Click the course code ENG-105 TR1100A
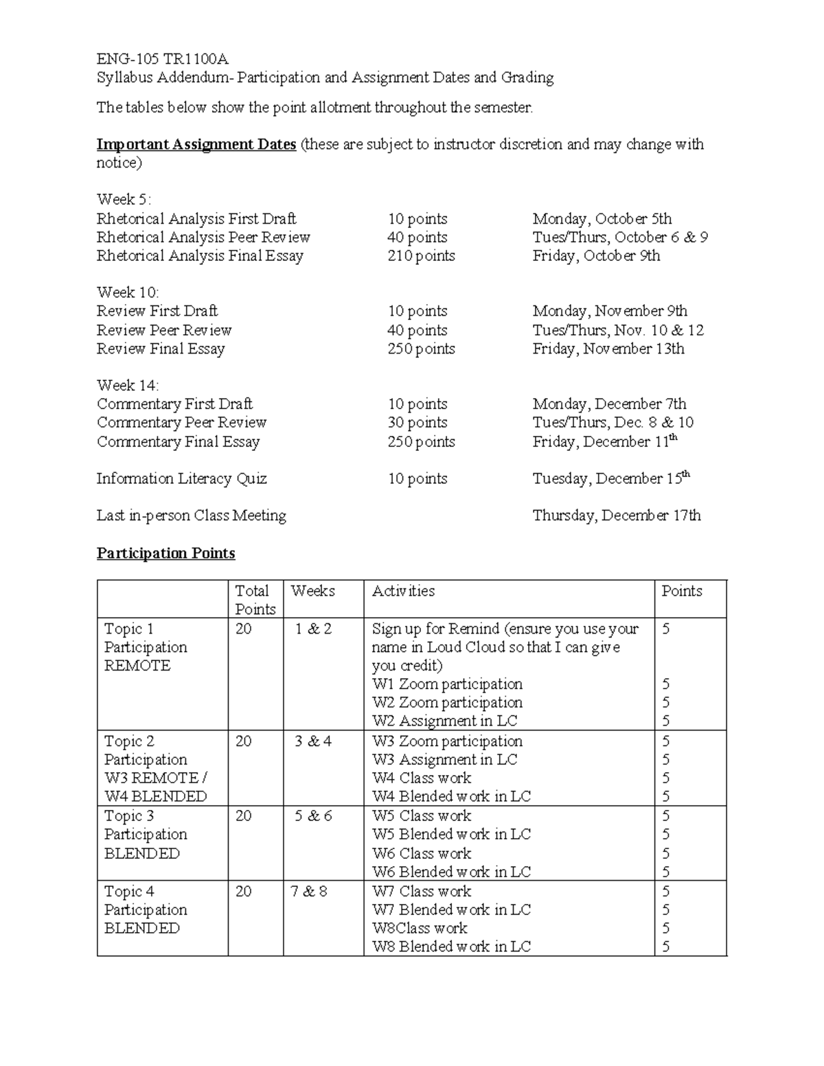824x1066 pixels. pos(162,58)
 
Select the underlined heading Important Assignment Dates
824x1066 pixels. pos(196,144)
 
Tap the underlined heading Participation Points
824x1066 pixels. pos(165,553)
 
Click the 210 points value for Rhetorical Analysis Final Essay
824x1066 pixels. pos(421,256)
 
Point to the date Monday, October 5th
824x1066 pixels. pos(602,219)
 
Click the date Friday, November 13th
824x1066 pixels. pos(608,349)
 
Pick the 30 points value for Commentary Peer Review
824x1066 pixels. pos(417,423)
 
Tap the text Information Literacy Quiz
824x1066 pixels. pos(181,478)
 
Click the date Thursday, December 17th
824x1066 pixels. pos(616,515)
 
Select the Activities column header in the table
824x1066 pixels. pos(403,591)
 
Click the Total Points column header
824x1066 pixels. pos(255,600)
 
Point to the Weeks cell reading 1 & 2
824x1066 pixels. pos(313,629)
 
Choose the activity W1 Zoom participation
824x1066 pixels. pos(447,684)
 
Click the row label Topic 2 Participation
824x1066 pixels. pos(146,750)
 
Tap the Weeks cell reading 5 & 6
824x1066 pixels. pos(313,816)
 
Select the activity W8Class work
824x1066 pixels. pos(420,928)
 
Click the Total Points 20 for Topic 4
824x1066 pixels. pos(244,891)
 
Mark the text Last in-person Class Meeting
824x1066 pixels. pos(191,515)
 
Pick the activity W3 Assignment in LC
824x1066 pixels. pos(444,760)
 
